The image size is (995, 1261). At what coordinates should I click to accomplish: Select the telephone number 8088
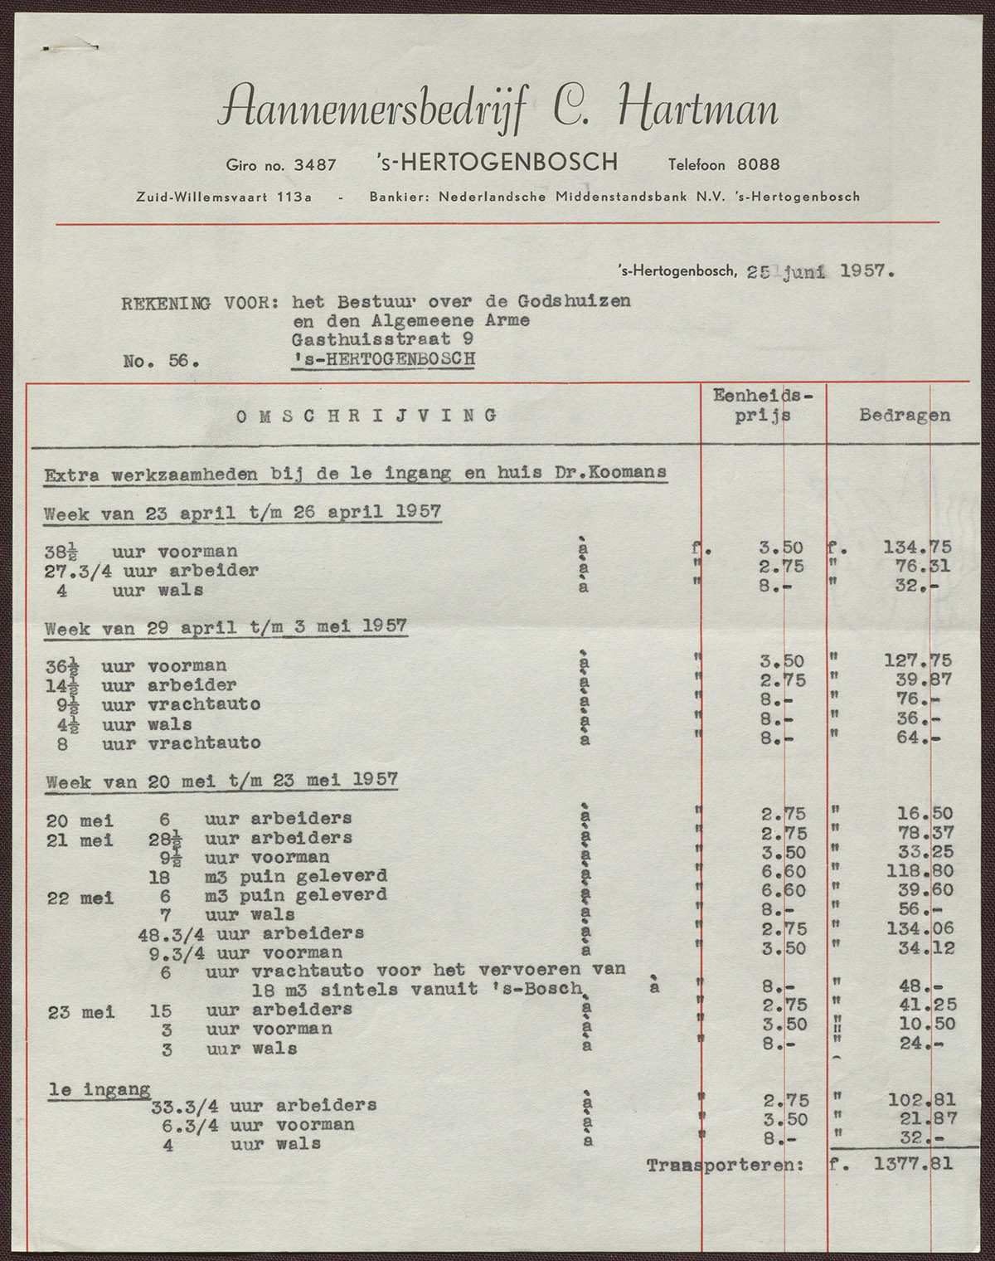tap(759, 164)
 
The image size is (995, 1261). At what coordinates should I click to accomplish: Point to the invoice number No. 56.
tap(161, 361)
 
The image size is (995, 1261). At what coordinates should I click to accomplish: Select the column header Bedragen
tap(905, 415)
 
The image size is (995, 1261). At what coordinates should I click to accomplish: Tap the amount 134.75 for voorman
tap(916, 548)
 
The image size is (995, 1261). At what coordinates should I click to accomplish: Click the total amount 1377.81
tap(912, 1164)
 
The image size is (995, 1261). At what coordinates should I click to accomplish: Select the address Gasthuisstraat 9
tap(382, 339)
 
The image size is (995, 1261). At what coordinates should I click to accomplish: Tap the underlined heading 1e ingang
tap(99, 1089)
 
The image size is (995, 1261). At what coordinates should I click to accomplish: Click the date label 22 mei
tap(80, 898)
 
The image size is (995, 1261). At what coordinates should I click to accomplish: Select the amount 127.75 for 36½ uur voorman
tap(916, 661)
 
